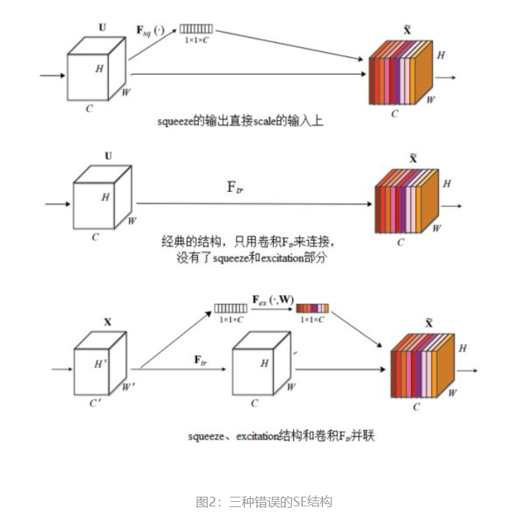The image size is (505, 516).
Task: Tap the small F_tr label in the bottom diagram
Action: (200, 360)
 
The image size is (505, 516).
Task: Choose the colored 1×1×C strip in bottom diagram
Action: (312, 308)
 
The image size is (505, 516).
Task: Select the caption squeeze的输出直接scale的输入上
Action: (240, 121)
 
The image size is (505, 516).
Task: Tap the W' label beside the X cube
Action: (129, 386)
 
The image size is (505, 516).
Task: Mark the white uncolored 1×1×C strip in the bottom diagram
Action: (231, 308)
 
